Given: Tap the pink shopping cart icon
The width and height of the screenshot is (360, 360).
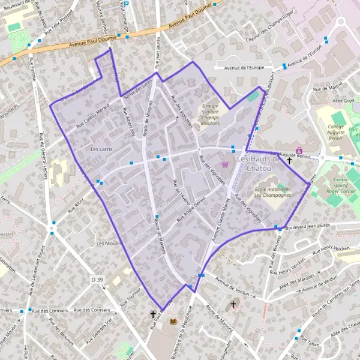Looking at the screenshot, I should pos(225,164).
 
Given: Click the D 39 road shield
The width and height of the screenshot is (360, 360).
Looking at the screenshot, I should pos(97,280).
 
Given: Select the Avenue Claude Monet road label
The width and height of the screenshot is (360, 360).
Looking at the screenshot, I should pos(220,219).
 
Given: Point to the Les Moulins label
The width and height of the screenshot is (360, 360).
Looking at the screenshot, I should pos(109,244).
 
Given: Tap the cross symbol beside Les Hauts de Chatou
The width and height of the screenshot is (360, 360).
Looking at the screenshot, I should pos(289,160).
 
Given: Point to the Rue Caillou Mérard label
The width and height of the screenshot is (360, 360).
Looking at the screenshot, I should pos(92,115).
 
